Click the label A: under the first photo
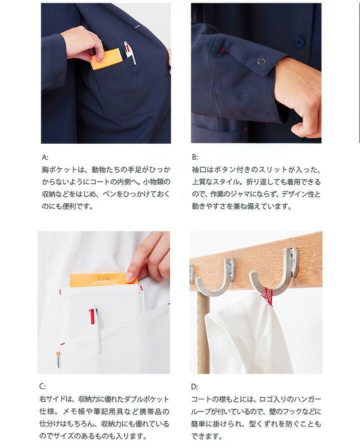(x=45, y=157)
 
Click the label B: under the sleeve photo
(x=194, y=157)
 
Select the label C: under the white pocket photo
(x=42, y=386)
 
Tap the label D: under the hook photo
(x=194, y=386)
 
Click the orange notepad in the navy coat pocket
(x=106, y=59)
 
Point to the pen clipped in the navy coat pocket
(x=129, y=53)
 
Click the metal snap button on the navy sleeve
(x=261, y=61)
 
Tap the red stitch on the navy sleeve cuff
(x=222, y=51)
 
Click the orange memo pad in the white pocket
(x=103, y=280)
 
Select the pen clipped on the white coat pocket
(x=95, y=328)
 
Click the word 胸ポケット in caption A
(x=59, y=170)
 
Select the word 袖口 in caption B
(x=199, y=170)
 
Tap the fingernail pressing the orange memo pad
(x=130, y=277)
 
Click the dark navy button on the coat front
(x=298, y=42)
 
